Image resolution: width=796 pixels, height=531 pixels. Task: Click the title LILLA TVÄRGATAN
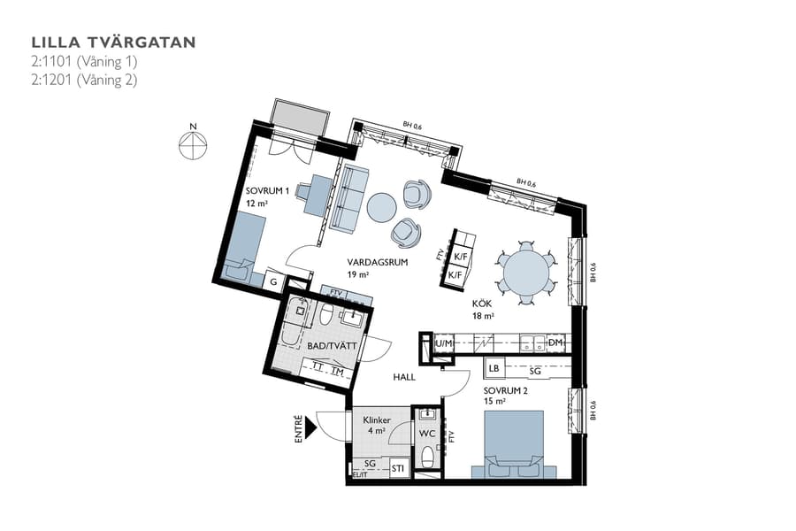pyautogui.click(x=113, y=42)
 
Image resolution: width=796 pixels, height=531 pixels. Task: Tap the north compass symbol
pyautogui.click(x=192, y=145)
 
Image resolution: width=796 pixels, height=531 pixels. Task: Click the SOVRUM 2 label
pyautogui.click(x=506, y=389)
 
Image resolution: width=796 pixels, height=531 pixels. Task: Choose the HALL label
pyautogui.click(x=404, y=377)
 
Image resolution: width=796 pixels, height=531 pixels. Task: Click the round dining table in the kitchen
pyautogui.click(x=526, y=272)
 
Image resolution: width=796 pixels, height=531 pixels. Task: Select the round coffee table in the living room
pyautogui.click(x=382, y=207)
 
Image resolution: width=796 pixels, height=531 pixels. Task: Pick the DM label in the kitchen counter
pyautogui.click(x=555, y=342)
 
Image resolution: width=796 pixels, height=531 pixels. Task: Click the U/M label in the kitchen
pyautogui.click(x=444, y=342)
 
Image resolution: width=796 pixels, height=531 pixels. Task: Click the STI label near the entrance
pyautogui.click(x=399, y=468)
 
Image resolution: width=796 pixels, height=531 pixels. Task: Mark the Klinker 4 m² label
pyautogui.click(x=376, y=425)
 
